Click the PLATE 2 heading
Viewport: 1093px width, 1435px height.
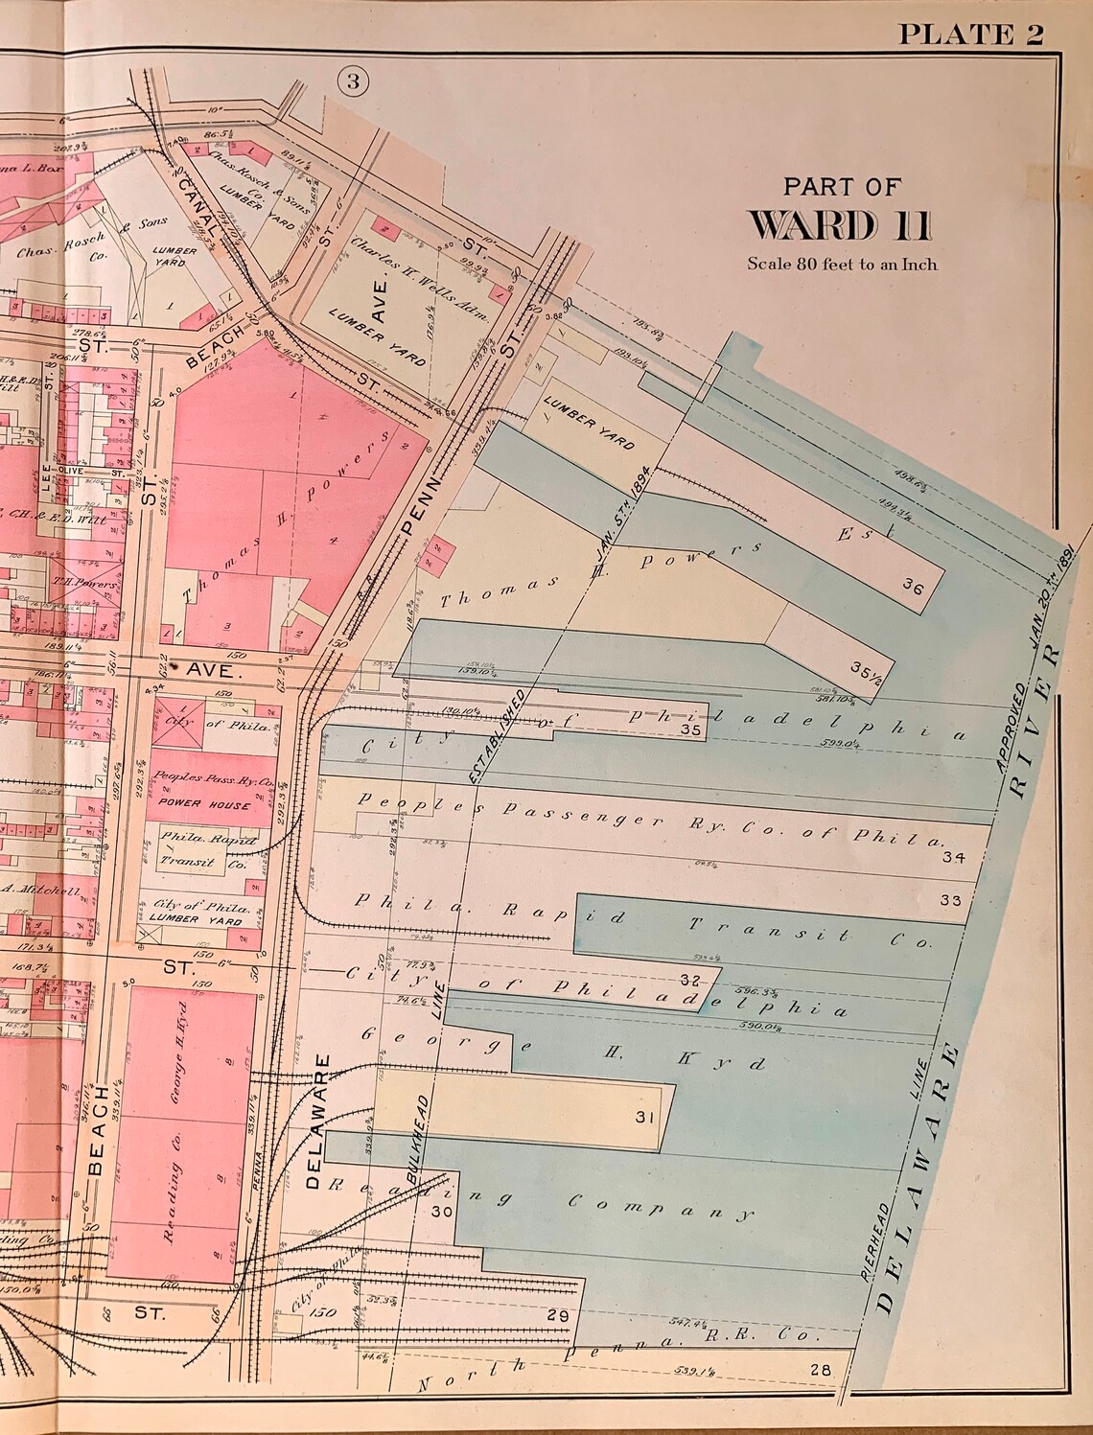point(969,35)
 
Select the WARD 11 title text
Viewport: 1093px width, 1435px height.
point(839,224)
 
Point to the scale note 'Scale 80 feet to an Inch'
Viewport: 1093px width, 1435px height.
point(842,265)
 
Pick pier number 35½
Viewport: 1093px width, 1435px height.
point(865,668)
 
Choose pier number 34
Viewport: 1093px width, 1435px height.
point(951,857)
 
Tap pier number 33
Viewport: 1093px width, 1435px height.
point(950,900)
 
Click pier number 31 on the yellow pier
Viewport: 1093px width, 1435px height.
point(643,1117)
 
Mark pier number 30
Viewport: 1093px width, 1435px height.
point(441,1211)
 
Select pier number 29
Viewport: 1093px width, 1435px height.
point(557,1315)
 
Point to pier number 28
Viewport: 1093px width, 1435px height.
point(819,1370)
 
